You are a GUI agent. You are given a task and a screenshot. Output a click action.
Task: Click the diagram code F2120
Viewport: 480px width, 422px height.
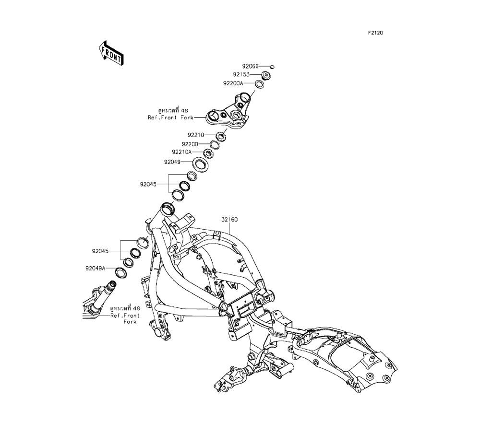[375, 34]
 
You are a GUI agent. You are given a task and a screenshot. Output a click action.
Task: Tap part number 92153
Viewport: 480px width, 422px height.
[241, 75]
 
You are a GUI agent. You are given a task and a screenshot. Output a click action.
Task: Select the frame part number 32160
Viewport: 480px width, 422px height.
[229, 220]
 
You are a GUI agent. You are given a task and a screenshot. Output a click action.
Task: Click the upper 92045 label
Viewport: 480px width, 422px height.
[149, 184]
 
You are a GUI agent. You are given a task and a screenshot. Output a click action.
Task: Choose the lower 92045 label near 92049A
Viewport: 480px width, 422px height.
[101, 251]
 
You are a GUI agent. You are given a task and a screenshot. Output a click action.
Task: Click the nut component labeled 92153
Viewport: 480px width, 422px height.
[265, 75]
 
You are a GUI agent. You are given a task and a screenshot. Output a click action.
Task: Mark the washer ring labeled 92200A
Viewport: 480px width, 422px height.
[259, 84]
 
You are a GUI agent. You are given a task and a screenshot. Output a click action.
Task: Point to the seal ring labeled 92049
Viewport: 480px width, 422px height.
[200, 164]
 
